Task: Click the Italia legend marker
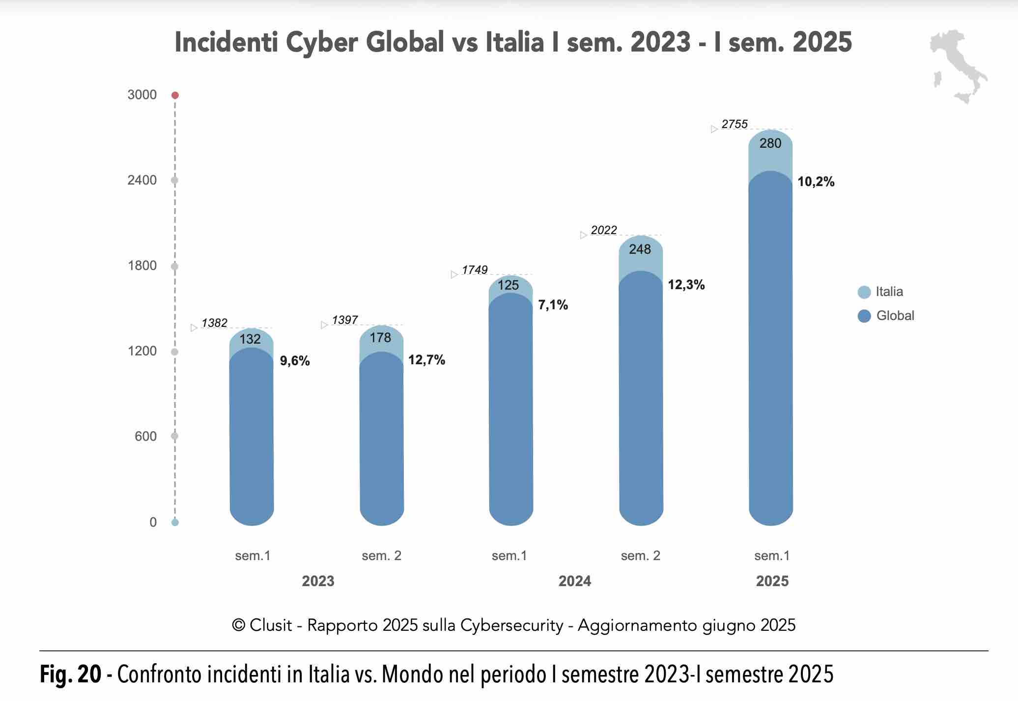coord(864,292)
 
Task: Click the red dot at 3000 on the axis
coord(175,95)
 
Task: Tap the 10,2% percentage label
coord(816,182)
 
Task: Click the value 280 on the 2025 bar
coord(770,143)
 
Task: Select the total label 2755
coord(735,125)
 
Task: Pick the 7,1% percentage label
coord(553,305)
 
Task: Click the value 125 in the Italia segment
coord(508,285)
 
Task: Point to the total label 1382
coord(214,323)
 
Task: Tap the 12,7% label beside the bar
coord(426,360)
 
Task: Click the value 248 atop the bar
coord(640,249)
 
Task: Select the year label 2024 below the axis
coord(574,581)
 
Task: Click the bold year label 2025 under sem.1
coord(772,581)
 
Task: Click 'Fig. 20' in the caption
coord(70,674)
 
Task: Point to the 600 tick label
coord(145,436)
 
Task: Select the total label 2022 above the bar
coord(604,230)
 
